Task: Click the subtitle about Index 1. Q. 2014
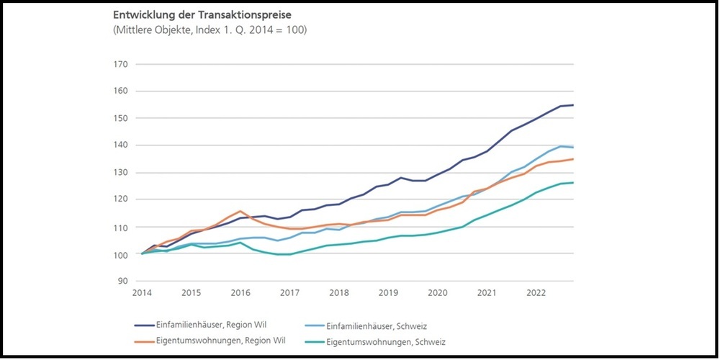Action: (x=210, y=30)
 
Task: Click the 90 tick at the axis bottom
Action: (x=122, y=281)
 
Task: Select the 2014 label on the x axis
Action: (x=141, y=293)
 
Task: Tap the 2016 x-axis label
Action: (x=240, y=293)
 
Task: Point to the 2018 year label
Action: (x=339, y=293)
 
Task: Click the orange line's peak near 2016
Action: (x=240, y=211)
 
